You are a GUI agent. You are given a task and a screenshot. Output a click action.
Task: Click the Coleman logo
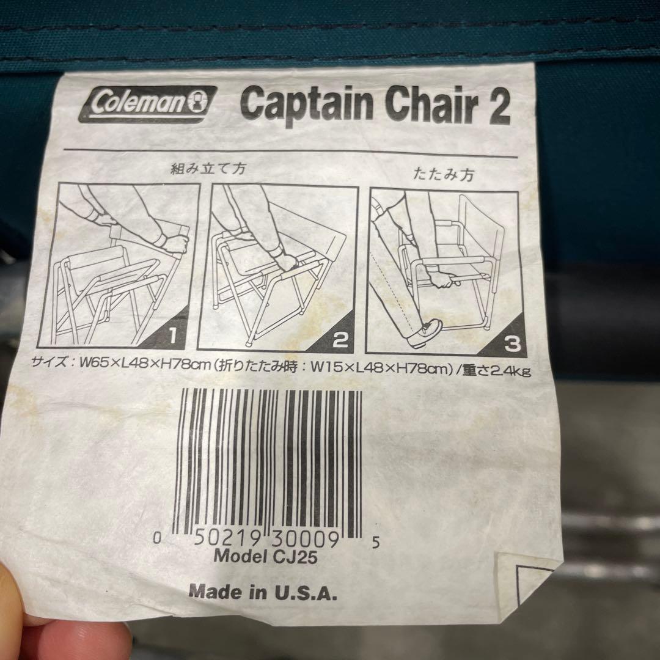[x=148, y=104]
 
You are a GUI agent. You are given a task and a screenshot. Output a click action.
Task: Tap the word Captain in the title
[x=307, y=103]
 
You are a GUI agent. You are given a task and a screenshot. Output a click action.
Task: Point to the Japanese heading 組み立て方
[x=208, y=169]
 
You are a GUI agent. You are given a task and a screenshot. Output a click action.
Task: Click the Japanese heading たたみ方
[x=444, y=174]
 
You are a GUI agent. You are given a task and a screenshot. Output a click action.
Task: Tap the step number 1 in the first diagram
[x=173, y=336]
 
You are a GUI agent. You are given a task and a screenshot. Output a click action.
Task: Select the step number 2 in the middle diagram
[x=340, y=339]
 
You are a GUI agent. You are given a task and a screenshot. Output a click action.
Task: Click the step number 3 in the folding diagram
[x=512, y=344]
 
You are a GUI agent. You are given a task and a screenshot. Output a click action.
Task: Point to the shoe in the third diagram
[x=425, y=331]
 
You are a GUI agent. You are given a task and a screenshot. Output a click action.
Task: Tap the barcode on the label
[x=268, y=463]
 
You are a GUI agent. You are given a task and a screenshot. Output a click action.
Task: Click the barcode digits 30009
[x=305, y=539]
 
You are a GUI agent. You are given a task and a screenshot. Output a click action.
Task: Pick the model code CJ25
[x=295, y=557]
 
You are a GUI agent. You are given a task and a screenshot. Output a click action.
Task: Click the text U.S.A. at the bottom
[x=306, y=593]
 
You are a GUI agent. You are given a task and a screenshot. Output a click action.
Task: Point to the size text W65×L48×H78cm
[x=145, y=364]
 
